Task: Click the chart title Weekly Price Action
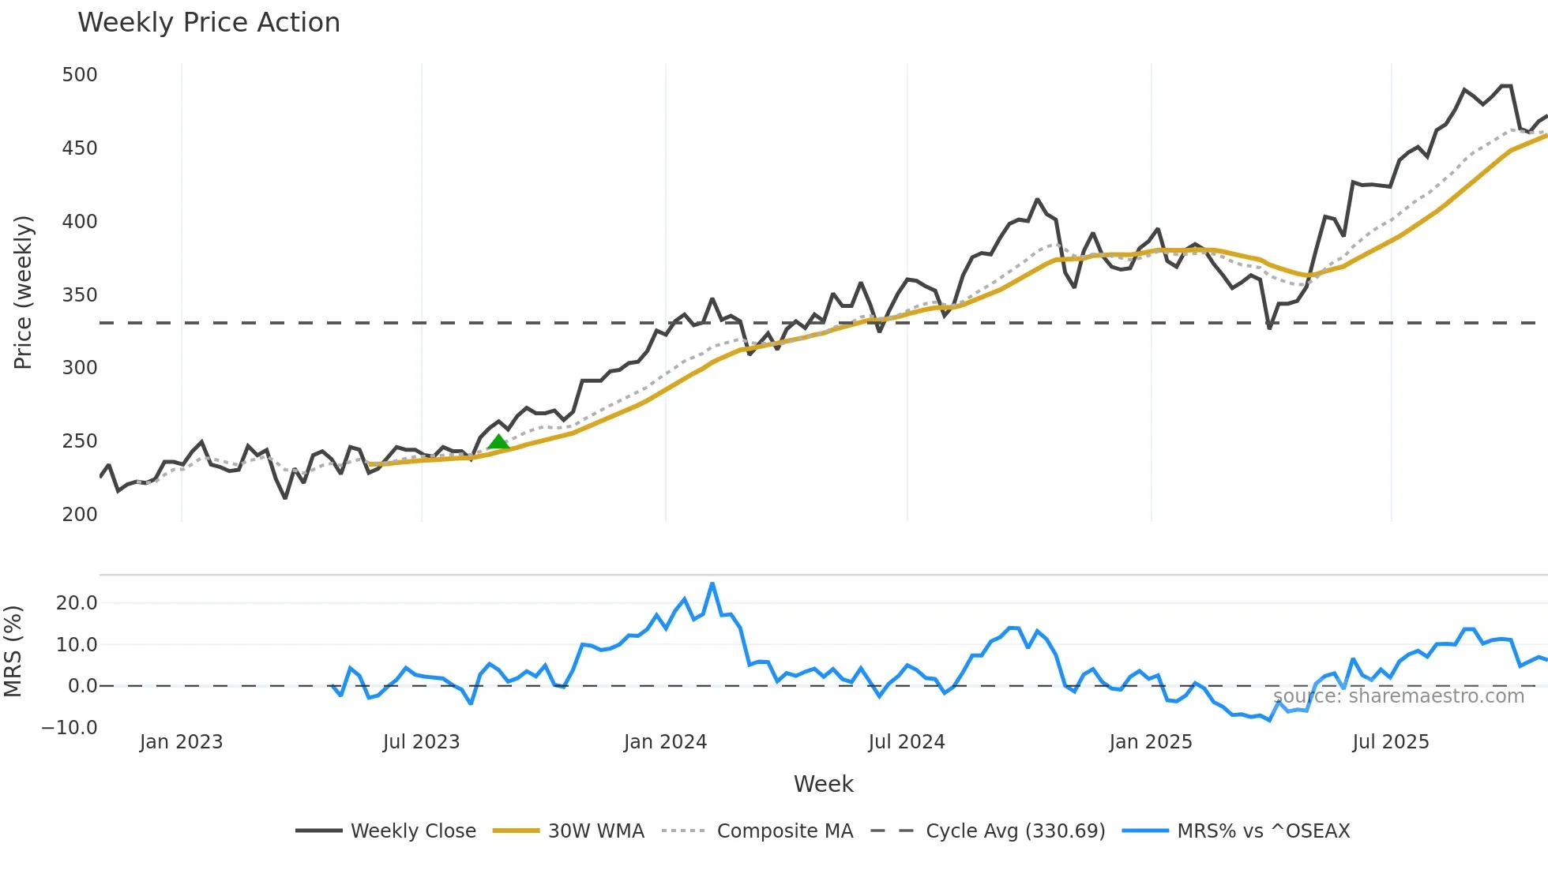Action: (x=209, y=23)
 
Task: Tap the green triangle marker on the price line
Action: (x=498, y=441)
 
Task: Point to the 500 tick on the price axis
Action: (x=80, y=75)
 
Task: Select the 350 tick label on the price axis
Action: (x=80, y=295)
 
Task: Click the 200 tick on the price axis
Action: (x=80, y=515)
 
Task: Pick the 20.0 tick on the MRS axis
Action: (x=77, y=603)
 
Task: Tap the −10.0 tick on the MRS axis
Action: (x=70, y=728)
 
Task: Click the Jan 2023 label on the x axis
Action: (x=182, y=742)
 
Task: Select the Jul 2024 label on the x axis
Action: (x=907, y=742)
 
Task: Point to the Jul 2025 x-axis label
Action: (x=1391, y=742)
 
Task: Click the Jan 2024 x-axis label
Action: (x=665, y=742)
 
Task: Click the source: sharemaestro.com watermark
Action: (x=1399, y=696)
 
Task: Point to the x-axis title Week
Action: (x=823, y=784)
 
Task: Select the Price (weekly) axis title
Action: (x=23, y=292)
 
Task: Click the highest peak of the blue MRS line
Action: (x=712, y=584)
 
